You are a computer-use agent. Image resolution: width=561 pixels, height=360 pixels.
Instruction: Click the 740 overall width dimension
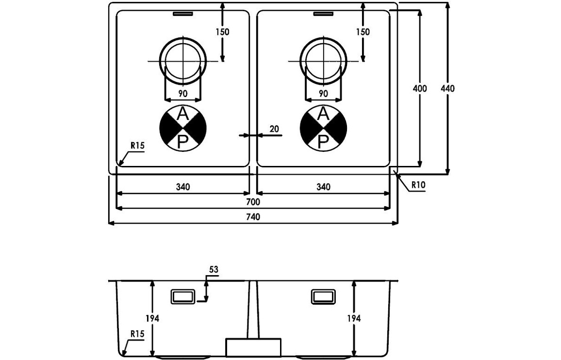253,217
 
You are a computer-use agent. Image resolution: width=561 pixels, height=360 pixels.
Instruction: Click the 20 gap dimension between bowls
274,129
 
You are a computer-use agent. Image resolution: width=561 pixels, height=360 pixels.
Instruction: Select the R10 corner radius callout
418,185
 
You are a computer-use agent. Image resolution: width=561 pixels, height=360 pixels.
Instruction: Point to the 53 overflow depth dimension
214,269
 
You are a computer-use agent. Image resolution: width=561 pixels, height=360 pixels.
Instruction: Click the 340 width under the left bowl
182,187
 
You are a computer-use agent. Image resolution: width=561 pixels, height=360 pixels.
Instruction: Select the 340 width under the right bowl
323,187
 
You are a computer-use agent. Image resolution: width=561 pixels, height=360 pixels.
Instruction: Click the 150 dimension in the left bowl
222,32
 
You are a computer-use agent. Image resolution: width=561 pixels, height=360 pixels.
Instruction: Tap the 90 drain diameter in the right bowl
323,94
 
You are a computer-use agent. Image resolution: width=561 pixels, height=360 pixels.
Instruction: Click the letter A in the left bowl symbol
183,115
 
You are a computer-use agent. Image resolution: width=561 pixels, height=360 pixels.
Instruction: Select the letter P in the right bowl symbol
323,142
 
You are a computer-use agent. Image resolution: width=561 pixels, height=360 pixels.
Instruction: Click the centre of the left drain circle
183,61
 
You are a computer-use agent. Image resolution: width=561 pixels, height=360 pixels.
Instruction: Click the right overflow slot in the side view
323,296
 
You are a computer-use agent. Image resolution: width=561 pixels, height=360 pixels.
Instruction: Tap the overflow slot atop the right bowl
323,14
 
